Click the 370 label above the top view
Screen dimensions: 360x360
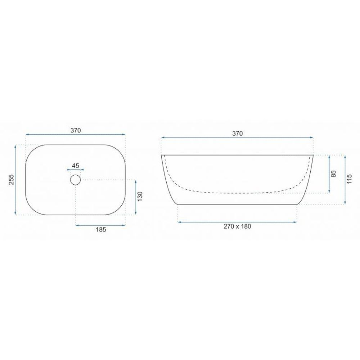76,130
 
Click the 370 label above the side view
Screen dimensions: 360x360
237,134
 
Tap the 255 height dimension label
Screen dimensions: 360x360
11,180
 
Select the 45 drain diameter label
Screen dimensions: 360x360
76,166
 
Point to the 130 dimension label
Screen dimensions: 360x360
140,197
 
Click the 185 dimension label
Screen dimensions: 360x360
101,229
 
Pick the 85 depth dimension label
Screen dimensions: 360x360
334,174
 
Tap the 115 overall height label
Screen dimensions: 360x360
349,179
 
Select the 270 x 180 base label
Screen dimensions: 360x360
237,226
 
